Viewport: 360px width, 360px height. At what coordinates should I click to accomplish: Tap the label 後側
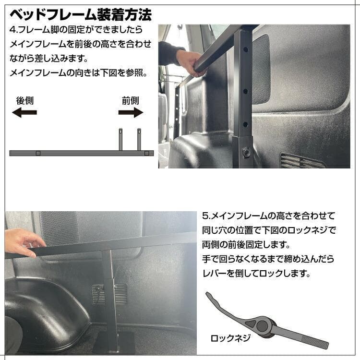point(24,101)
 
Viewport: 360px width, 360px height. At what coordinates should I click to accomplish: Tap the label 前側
point(130,101)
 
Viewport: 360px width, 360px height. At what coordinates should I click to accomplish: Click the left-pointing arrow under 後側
point(24,113)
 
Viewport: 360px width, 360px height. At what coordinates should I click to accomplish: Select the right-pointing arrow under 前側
point(131,113)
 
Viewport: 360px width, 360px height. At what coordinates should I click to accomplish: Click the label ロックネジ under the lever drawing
point(231,338)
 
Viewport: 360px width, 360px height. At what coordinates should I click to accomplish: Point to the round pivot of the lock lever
point(264,326)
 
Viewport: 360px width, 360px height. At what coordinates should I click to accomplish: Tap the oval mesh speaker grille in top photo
point(261,70)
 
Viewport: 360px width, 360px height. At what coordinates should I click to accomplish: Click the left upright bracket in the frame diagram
point(121,140)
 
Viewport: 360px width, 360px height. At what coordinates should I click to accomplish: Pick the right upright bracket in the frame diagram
point(139,140)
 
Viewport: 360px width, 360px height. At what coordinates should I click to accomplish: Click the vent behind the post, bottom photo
point(109,293)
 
